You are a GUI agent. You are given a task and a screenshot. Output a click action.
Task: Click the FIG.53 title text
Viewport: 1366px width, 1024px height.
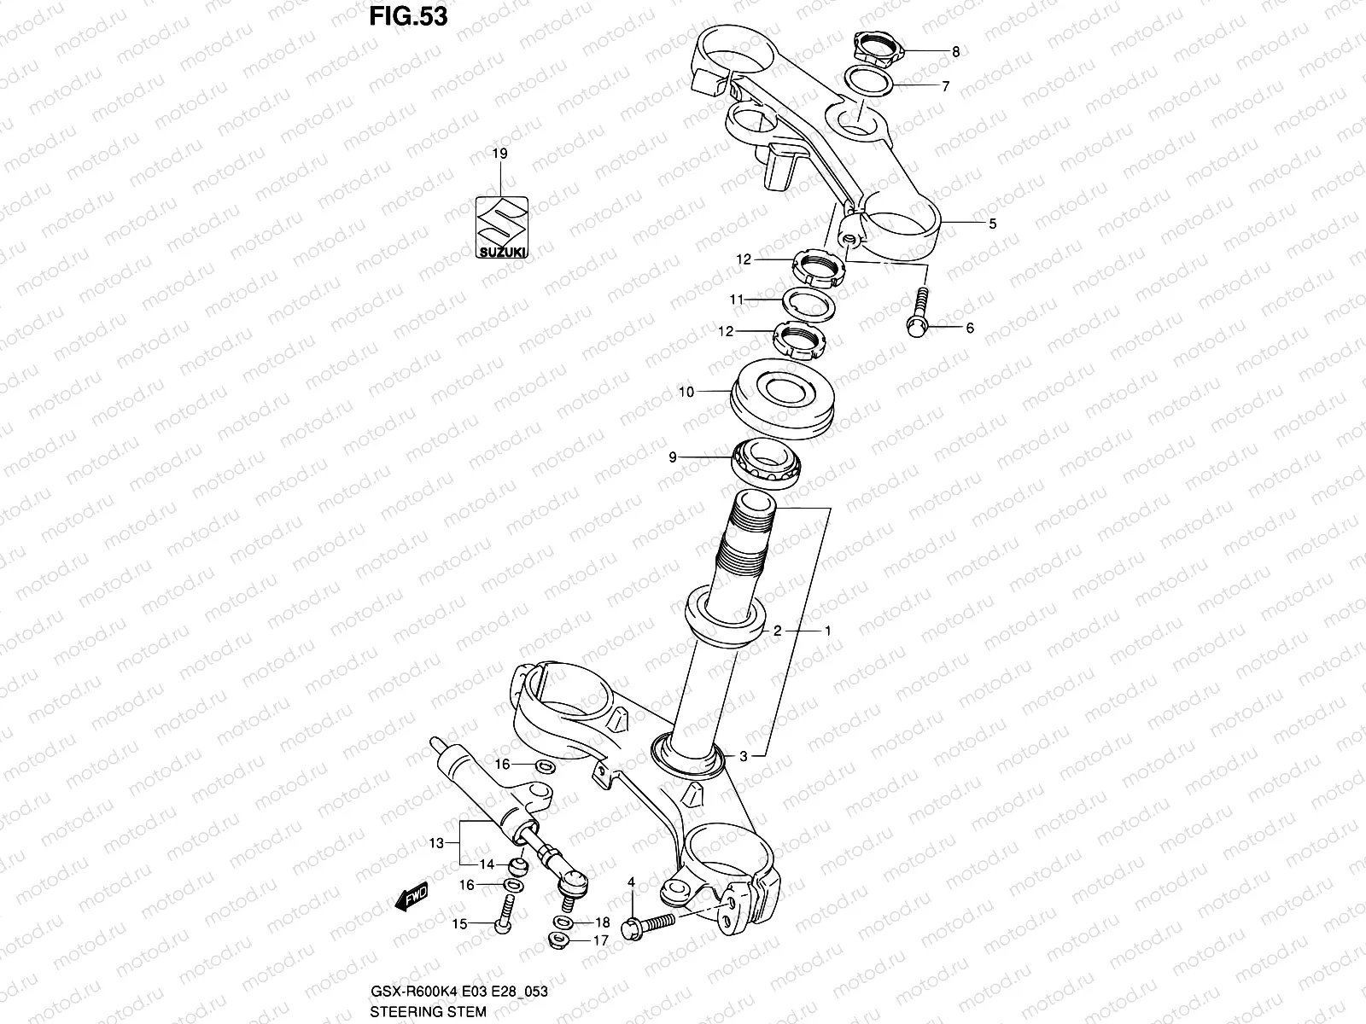point(408,16)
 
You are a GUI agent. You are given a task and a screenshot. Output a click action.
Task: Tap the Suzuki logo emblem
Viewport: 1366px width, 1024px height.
point(501,227)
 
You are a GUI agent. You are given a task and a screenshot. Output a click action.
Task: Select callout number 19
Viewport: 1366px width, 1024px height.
point(500,154)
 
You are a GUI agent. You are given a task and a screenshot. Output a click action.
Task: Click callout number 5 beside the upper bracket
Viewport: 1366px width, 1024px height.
point(992,224)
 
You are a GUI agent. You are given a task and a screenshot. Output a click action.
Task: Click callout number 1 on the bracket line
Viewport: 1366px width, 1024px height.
point(827,631)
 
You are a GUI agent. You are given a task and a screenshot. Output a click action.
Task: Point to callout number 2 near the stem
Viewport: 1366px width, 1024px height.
point(778,631)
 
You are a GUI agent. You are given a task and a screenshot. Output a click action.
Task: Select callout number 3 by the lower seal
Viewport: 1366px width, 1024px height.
point(744,755)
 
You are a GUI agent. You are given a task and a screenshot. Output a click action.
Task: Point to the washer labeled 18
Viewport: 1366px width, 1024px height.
point(563,922)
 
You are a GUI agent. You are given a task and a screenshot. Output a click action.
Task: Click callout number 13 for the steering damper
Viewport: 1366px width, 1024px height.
point(436,843)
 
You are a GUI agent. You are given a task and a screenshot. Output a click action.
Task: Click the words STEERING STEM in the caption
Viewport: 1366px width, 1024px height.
point(429,1012)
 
